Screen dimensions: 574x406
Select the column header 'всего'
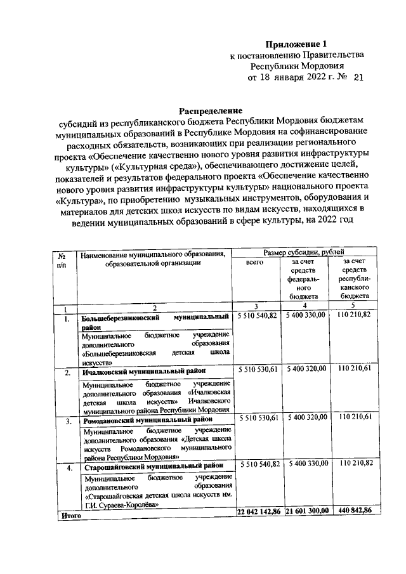tap(258, 261)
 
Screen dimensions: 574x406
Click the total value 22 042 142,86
tap(258, 511)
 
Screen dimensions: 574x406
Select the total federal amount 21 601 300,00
tap(307, 511)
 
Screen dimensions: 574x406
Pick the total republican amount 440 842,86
tap(355, 511)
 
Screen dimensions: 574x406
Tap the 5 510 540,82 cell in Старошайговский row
tap(258, 465)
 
